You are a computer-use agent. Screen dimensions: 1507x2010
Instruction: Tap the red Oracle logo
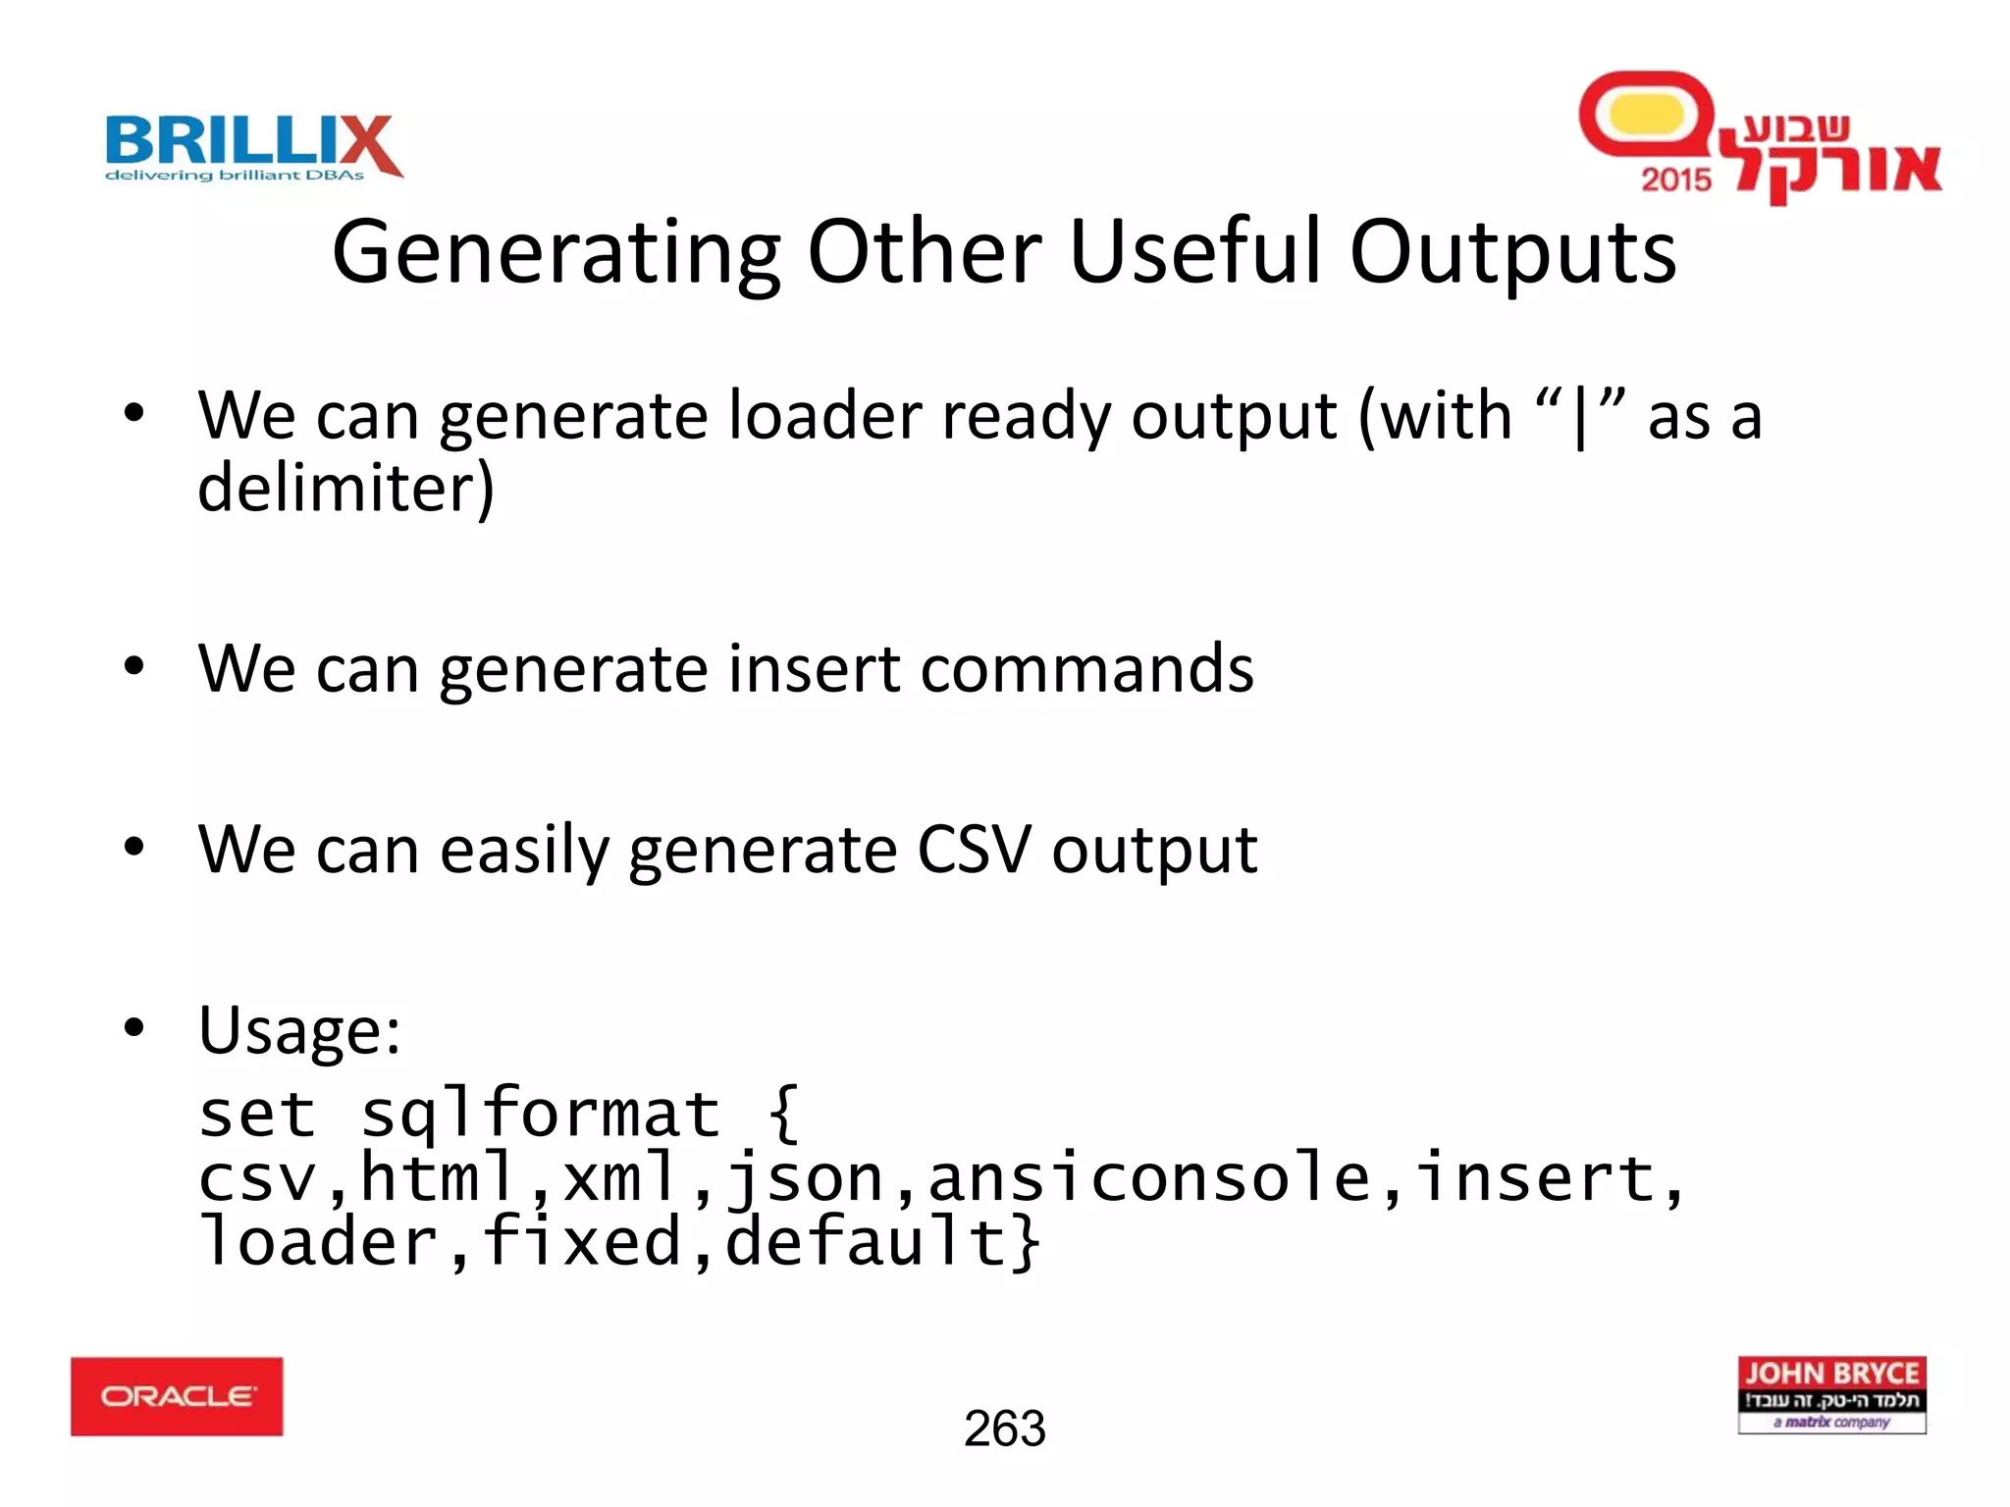(x=177, y=1396)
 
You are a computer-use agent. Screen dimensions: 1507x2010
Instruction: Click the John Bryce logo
(x=1831, y=1394)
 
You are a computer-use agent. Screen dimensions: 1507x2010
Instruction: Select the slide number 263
(x=1004, y=1429)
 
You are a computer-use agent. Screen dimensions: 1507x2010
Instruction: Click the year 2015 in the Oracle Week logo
(x=1675, y=180)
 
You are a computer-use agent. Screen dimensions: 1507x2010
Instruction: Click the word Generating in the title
(x=555, y=253)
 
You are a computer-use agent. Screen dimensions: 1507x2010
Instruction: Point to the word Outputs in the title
(x=1512, y=253)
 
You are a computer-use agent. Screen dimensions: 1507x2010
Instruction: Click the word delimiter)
(x=345, y=488)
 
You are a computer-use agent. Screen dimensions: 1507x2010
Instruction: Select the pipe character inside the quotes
(x=1579, y=418)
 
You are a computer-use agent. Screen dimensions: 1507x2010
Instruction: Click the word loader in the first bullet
(x=824, y=416)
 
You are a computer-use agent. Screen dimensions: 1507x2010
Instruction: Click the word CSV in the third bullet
(x=974, y=849)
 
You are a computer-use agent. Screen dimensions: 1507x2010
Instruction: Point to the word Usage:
(x=299, y=1031)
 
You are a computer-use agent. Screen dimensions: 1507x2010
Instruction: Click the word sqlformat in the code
(x=540, y=1115)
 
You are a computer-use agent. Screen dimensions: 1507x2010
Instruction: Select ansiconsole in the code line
(x=1148, y=1178)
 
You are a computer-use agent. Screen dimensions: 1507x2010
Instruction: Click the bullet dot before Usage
(x=134, y=1028)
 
